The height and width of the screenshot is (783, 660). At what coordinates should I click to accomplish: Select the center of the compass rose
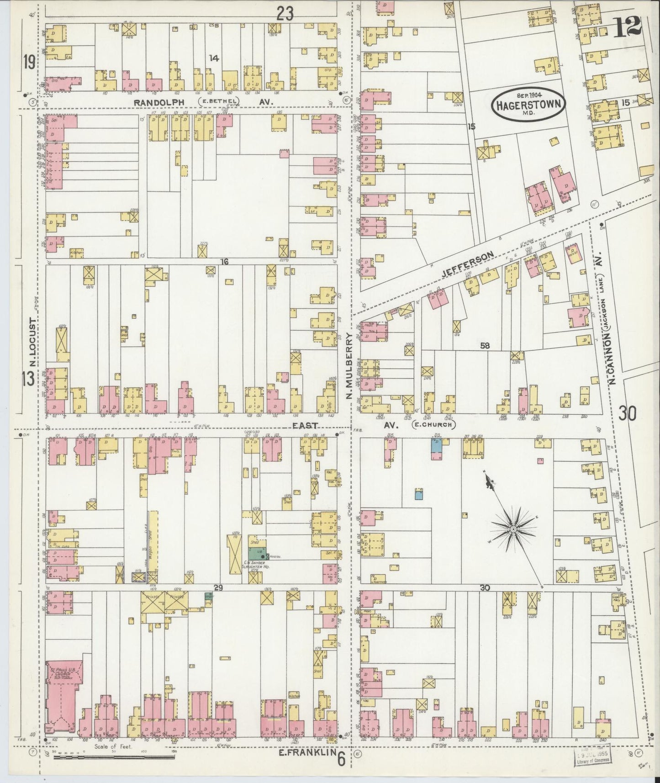pos(513,529)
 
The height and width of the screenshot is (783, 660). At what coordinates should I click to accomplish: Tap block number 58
pos(485,346)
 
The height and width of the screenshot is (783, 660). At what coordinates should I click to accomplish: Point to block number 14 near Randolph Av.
pos(213,58)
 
